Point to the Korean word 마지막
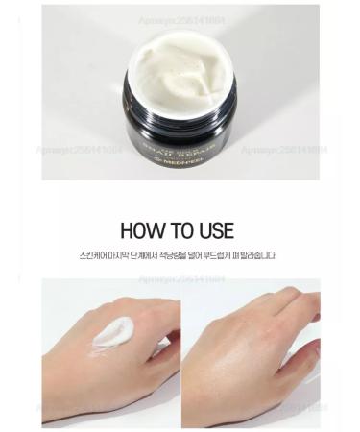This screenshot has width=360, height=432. [x=125, y=256]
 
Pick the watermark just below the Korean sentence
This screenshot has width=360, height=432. [x=180, y=278]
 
